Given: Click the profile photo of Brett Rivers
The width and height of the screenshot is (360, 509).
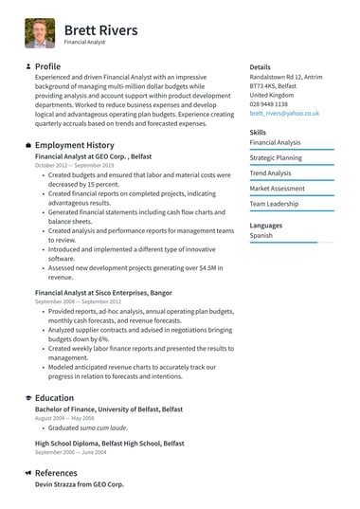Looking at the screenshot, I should (x=40, y=33).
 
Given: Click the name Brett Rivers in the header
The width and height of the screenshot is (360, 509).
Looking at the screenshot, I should (x=100, y=30).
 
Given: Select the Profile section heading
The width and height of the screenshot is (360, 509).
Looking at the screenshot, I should (x=47, y=66).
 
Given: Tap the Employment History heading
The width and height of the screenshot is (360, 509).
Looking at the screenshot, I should (x=74, y=145).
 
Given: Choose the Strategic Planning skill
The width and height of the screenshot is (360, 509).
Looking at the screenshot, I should (x=276, y=157).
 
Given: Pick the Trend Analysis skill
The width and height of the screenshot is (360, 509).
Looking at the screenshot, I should (x=271, y=173).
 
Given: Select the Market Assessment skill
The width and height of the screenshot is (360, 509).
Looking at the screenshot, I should (x=277, y=189).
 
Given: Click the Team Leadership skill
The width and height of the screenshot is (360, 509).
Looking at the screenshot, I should (x=274, y=204).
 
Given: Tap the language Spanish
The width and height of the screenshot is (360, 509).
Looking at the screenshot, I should (x=261, y=235).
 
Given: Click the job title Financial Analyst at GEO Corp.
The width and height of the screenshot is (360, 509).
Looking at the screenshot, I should (x=93, y=155).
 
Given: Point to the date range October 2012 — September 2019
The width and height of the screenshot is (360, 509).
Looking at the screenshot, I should (x=74, y=165).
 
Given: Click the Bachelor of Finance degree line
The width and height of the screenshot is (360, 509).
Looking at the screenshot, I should (x=109, y=409).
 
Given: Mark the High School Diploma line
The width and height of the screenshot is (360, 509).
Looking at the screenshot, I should (x=110, y=443).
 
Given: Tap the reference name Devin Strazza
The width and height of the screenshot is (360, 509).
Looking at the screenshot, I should (x=80, y=484).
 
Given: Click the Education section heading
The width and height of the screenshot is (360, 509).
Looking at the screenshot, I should (x=54, y=398).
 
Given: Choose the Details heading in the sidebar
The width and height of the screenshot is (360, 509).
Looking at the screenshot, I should (x=261, y=67).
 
